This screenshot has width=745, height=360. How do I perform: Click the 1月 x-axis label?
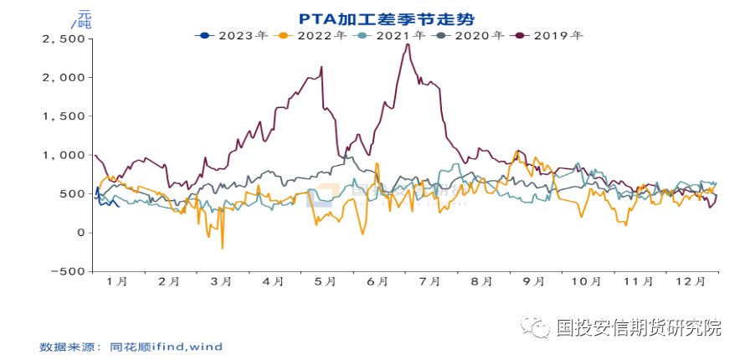click(x=118, y=282)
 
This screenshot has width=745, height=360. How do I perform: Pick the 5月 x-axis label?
click(x=327, y=282)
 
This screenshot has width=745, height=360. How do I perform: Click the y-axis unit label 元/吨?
click(x=84, y=19)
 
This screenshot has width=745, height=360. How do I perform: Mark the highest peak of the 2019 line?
click(x=407, y=44)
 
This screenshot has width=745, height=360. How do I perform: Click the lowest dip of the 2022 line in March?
click(x=222, y=248)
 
